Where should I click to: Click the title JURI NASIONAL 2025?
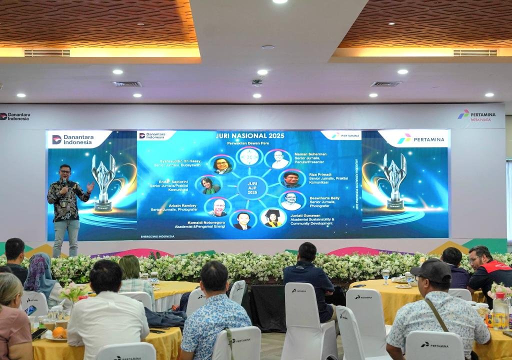point(249,135)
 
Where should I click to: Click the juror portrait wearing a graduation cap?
point(273,218)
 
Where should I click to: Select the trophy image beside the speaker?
point(104,182)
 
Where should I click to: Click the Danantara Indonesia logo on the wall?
point(15,116)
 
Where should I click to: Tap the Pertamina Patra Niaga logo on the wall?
point(476,114)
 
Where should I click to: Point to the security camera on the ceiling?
point(257,82)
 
